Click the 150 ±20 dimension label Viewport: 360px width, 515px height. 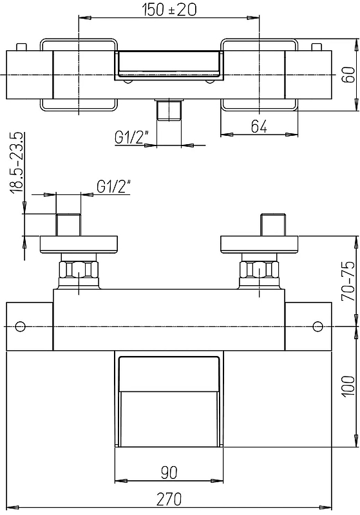pyautogui.click(x=169, y=9)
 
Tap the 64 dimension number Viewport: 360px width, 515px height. pyautogui.click(x=259, y=126)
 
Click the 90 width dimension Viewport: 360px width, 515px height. pyautogui.click(x=169, y=473)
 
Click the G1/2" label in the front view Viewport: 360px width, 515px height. pyautogui.click(x=113, y=187)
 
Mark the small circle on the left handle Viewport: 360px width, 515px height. pyautogui.click(x=21, y=326)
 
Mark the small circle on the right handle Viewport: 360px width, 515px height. pyautogui.click(x=317, y=326)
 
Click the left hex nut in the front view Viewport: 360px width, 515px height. pyautogui.click(x=79, y=269)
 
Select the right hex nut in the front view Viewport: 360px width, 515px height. pyautogui.click(x=260, y=269)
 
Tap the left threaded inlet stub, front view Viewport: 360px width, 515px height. pyautogui.click(x=68, y=225)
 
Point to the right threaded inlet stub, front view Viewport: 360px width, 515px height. pyautogui.click(x=273, y=225)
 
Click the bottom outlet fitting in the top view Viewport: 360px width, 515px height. pyautogui.click(x=169, y=109)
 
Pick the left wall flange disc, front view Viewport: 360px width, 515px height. pyautogui.click(x=79, y=245)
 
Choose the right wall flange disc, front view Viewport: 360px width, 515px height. pyautogui.click(x=260, y=245)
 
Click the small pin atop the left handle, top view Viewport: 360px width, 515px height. pyautogui.click(x=21, y=47)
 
